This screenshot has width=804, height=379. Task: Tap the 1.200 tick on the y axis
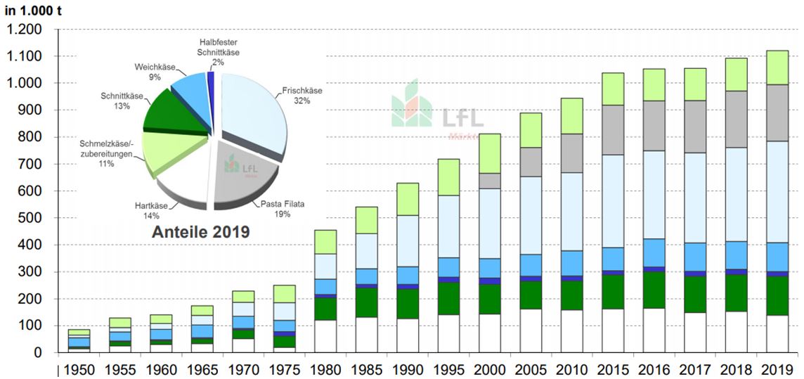tap(25, 30)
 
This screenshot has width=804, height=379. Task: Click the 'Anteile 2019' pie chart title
tap(201, 231)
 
